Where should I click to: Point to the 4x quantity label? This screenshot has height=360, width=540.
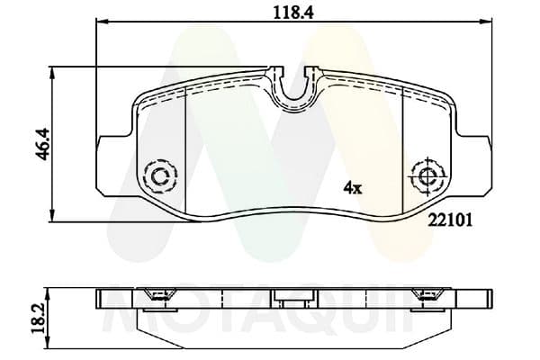[352, 188]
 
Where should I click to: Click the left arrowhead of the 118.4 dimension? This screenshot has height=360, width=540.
[100, 23]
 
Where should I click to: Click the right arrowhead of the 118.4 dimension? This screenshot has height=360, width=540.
[487, 23]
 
